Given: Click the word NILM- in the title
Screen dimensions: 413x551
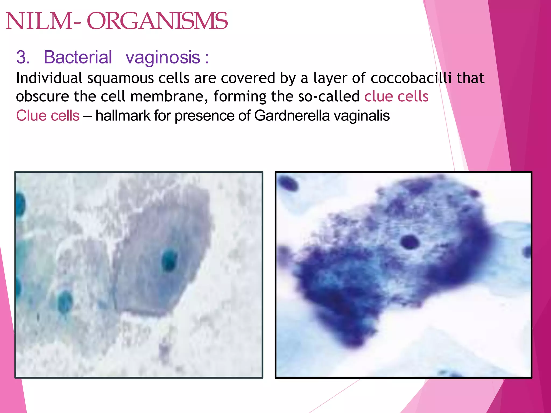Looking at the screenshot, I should (43, 22).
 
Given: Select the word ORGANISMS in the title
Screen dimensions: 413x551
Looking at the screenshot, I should (157, 22).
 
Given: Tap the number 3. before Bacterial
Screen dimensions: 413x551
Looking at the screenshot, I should (23, 57).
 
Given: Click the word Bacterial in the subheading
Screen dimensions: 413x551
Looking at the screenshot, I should (78, 57).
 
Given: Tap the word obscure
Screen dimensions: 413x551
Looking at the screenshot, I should (43, 97).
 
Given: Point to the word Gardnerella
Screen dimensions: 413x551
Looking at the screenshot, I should (292, 116).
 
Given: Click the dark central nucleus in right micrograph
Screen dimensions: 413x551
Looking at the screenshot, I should (410, 241).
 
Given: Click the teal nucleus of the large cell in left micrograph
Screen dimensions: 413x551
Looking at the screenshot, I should (169, 260).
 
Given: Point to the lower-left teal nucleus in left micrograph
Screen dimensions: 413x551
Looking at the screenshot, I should (65, 301).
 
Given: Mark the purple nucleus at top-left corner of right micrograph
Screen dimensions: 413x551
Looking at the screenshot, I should (288, 184).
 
